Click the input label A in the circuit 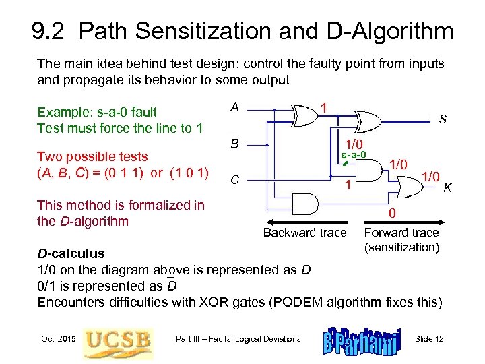(x=234, y=107)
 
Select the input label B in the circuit (x=234, y=143)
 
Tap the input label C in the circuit (x=234, y=180)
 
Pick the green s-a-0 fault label (x=353, y=155)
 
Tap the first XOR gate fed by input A (x=302, y=115)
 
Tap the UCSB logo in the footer (x=117, y=339)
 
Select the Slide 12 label (x=429, y=338)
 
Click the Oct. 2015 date (x=57, y=338)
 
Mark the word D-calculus (x=71, y=253)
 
